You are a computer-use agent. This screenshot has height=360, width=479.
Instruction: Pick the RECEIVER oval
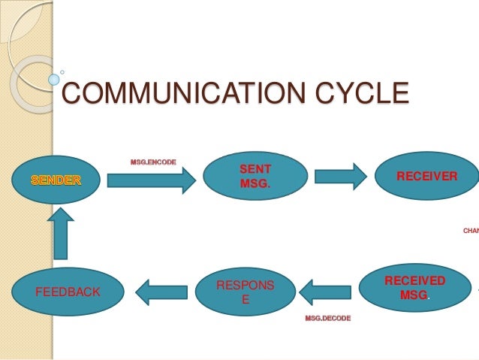pyautogui.click(x=426, y=177)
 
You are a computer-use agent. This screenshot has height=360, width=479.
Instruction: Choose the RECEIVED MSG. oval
pyautogui.click(x=415, y=288)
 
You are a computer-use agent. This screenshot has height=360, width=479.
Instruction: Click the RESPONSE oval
pyautogui.click(x=246, y=292)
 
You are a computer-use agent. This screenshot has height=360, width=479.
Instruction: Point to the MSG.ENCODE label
pyautogui.click(x=153, y=162)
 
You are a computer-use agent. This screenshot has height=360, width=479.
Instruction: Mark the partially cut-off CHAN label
pyautogui.click(x=470, y=231)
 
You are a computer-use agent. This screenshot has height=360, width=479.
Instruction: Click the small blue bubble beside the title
pyautogui.click(x=54, y=77)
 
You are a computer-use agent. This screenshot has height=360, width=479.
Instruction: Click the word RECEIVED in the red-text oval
pyautogui.click(x=414, y=281)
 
